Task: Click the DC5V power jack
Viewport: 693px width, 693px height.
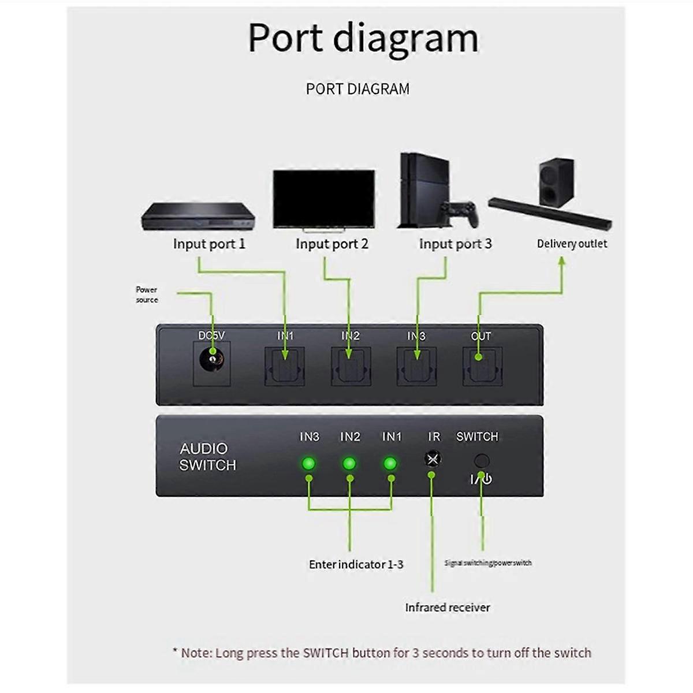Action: pos(212,363)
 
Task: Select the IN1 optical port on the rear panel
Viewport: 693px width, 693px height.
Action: pos(285,367)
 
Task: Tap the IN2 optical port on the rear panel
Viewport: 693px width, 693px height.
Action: pos(351,367)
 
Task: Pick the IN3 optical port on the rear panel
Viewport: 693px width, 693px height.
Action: pos(416,367)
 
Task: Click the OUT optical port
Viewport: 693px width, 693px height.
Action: pos(482,367)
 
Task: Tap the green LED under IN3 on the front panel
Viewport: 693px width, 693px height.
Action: pos(308,463)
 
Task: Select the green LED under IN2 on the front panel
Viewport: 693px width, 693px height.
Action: pos(349,463)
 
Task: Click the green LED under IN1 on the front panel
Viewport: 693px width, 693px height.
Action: pos(390,463)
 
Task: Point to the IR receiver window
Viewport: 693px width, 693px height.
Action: pos(433,459)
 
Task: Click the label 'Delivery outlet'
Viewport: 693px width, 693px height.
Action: pos(572,244)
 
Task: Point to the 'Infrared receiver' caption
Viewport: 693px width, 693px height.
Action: pos(448,608)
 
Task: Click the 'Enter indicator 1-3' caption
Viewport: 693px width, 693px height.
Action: pos(356,564)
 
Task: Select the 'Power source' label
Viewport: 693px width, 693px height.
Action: pos(147,295)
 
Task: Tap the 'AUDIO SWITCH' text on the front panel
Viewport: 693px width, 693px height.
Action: pos(207,457)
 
